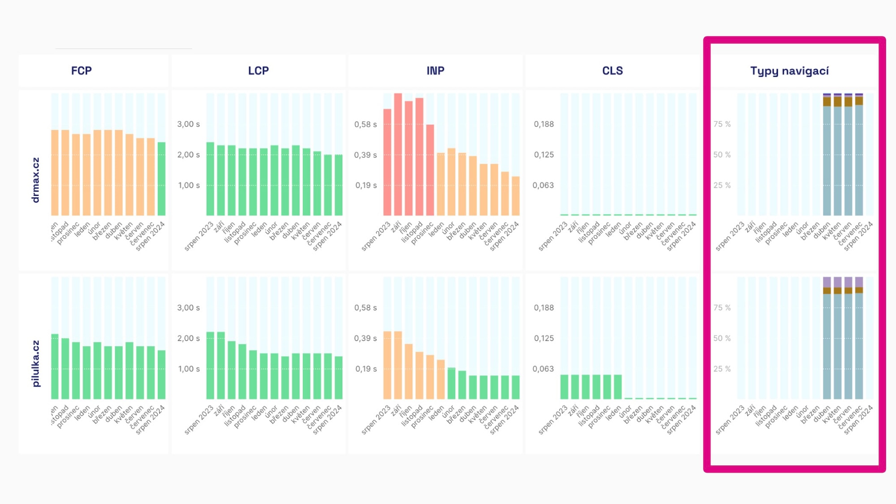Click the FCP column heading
coord(81,71)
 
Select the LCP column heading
coord(258,71)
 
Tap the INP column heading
coord(435,71)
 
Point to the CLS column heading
coord(612,71)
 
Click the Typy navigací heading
coord(789,71)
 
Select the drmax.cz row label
coord(36,180)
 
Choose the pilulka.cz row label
coord(36,363)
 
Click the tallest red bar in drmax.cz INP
coord(398,155)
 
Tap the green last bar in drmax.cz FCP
coord(161,179)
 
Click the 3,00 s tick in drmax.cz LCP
coord(189,124)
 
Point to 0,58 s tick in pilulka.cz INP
coord(366,308)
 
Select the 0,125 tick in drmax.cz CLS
coord(543,155)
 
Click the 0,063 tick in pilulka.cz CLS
coord(543,369)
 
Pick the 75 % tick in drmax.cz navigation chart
coord(722,124)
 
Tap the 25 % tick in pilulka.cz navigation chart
coord(722,369)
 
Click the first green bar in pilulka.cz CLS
coord(564,387)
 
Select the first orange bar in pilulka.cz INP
coord(387,365)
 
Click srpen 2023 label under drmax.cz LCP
coord(199,236)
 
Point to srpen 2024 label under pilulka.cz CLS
coord(681,420)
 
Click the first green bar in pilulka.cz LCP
coord(210,365)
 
